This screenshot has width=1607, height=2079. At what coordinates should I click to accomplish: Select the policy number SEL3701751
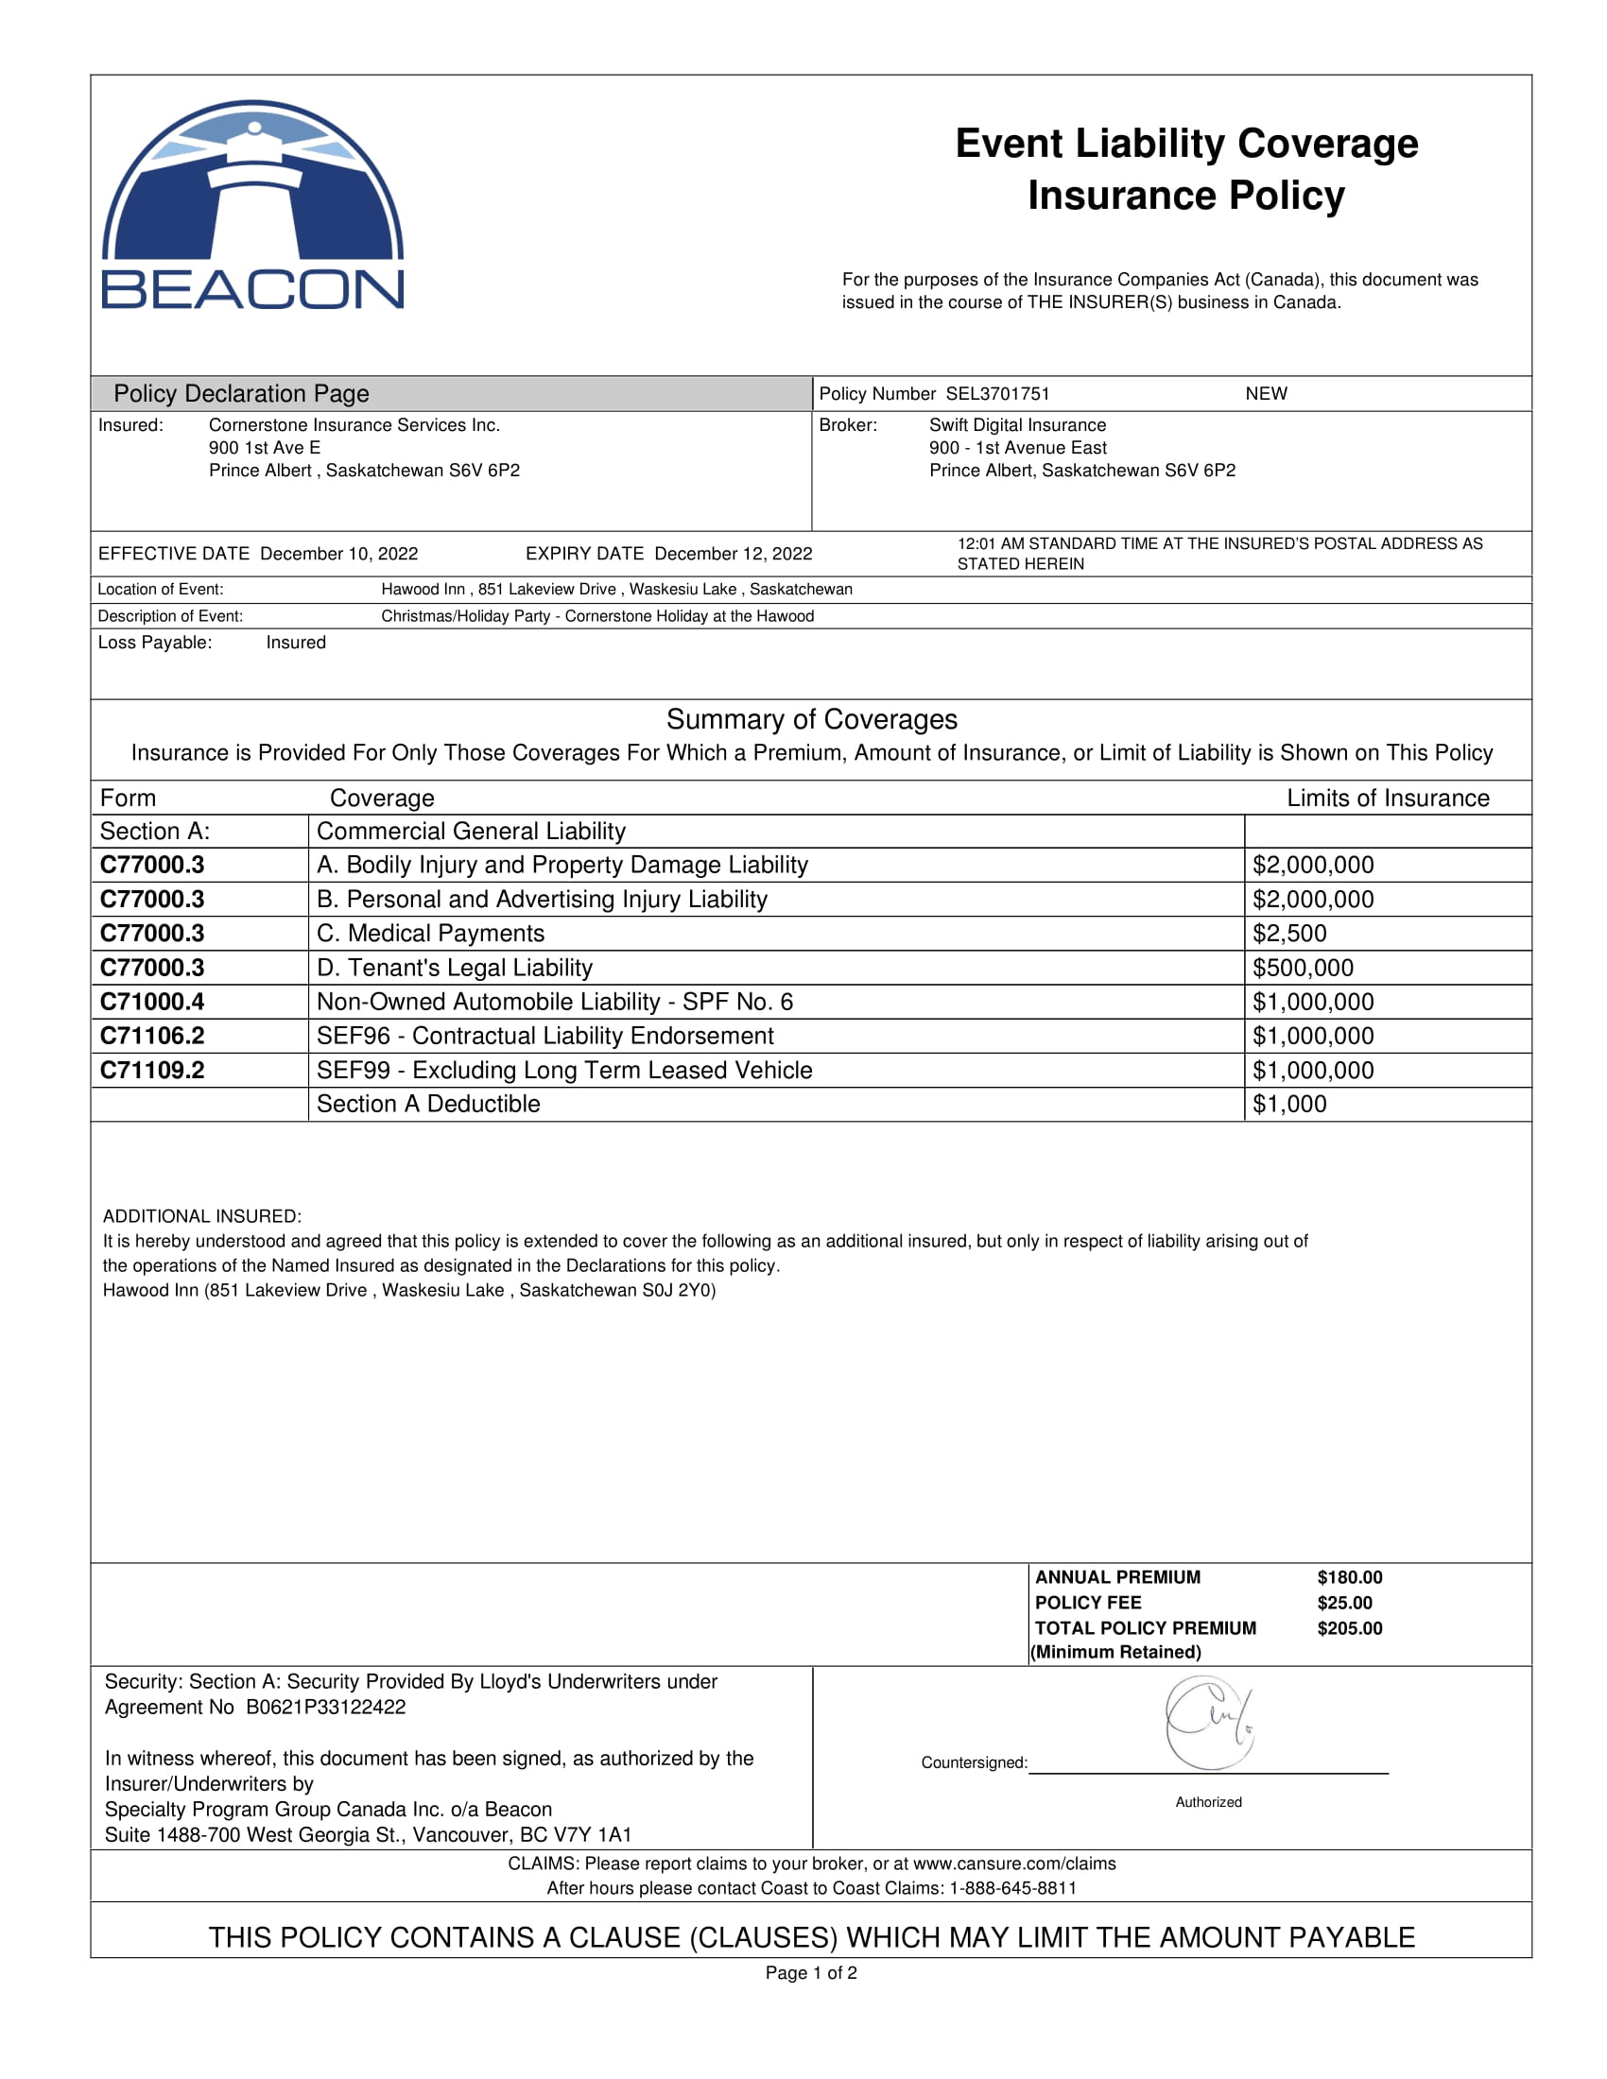pos(996,394)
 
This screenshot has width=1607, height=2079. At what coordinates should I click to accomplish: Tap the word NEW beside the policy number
pos(1265,394)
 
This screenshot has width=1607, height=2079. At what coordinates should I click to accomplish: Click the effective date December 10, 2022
pos(339,554)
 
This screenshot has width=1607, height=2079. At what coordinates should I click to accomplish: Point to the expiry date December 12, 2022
pos(733,554)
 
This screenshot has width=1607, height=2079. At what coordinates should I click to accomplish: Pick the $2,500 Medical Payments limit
pos(1289,934)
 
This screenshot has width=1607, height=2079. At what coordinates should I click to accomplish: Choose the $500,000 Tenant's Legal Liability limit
pos(1303,968)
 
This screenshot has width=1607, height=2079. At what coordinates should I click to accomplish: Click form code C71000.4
pos(152,1003)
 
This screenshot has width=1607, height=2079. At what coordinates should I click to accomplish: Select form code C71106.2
pos(152,1037)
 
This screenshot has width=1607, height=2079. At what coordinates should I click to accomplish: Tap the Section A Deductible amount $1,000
pos(1289,1104)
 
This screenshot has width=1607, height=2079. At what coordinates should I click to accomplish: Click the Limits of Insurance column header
pos(1387,799)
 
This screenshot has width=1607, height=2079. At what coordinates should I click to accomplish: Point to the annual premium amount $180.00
pos(1349,1577)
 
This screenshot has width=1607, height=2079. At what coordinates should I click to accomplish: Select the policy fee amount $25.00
pos(1344,1603)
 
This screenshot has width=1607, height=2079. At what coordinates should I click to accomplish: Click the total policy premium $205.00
pos(1349,1629)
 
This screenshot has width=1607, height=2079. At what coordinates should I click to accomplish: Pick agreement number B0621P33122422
pos(325,1708)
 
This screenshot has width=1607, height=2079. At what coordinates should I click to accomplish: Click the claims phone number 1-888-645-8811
pos(1013,1889)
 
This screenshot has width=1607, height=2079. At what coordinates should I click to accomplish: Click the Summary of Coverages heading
pos(811,720)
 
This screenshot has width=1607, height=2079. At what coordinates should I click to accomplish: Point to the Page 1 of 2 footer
pos(811,1973)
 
